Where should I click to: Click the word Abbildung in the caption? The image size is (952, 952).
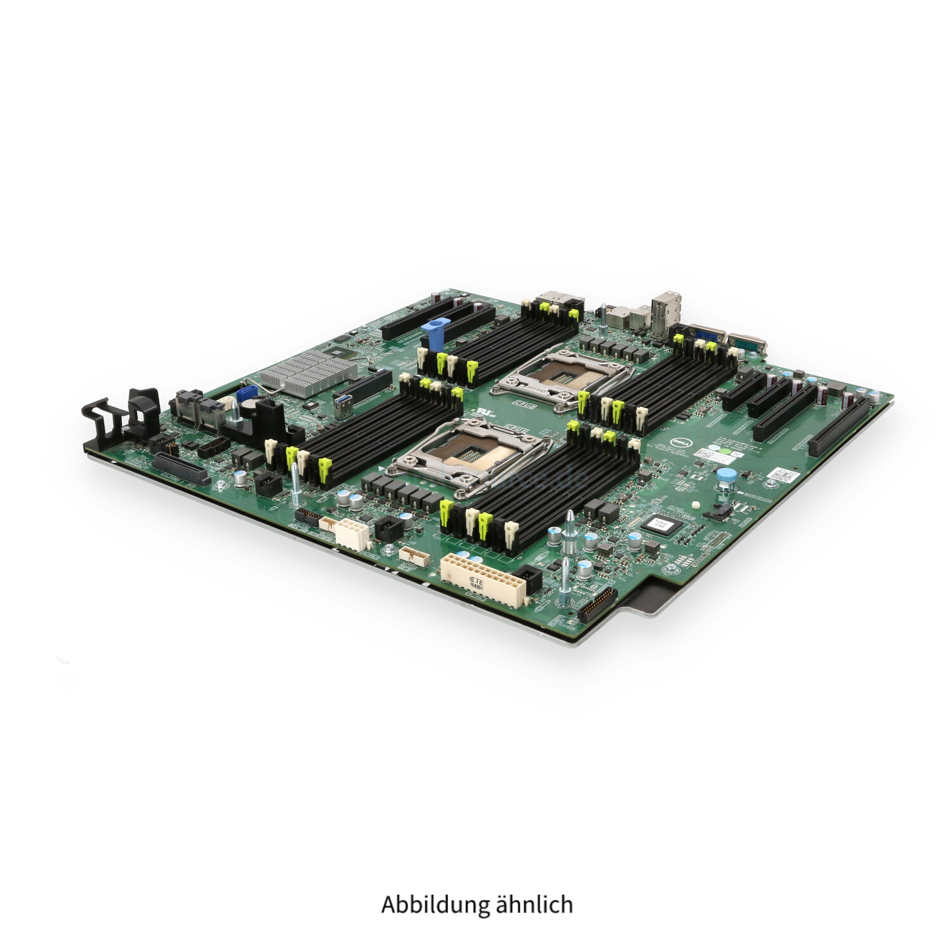(437, 904)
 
